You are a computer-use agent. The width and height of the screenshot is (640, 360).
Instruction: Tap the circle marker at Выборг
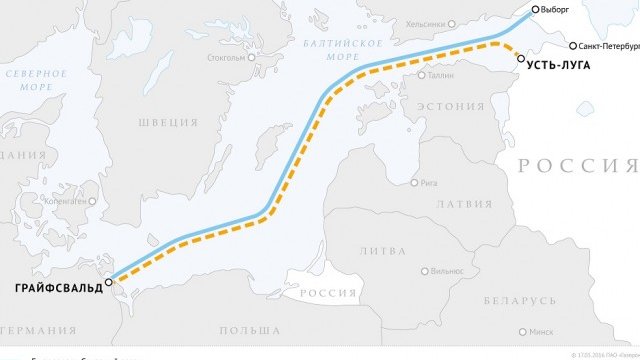click(x=536, y=9)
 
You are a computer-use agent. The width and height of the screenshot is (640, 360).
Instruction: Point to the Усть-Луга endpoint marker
click(x=521, y=58)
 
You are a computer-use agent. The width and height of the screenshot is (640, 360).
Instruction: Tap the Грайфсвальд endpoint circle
click(x=109, y=282)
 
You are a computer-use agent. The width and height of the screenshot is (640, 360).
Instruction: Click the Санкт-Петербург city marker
click(x=573, y=46)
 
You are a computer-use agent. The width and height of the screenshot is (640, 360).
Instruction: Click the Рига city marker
click(x=415, y=183)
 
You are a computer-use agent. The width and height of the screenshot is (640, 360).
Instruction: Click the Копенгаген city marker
click(x=94, y=200)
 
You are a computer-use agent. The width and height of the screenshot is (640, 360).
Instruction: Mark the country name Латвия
click(x=457, y=203)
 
